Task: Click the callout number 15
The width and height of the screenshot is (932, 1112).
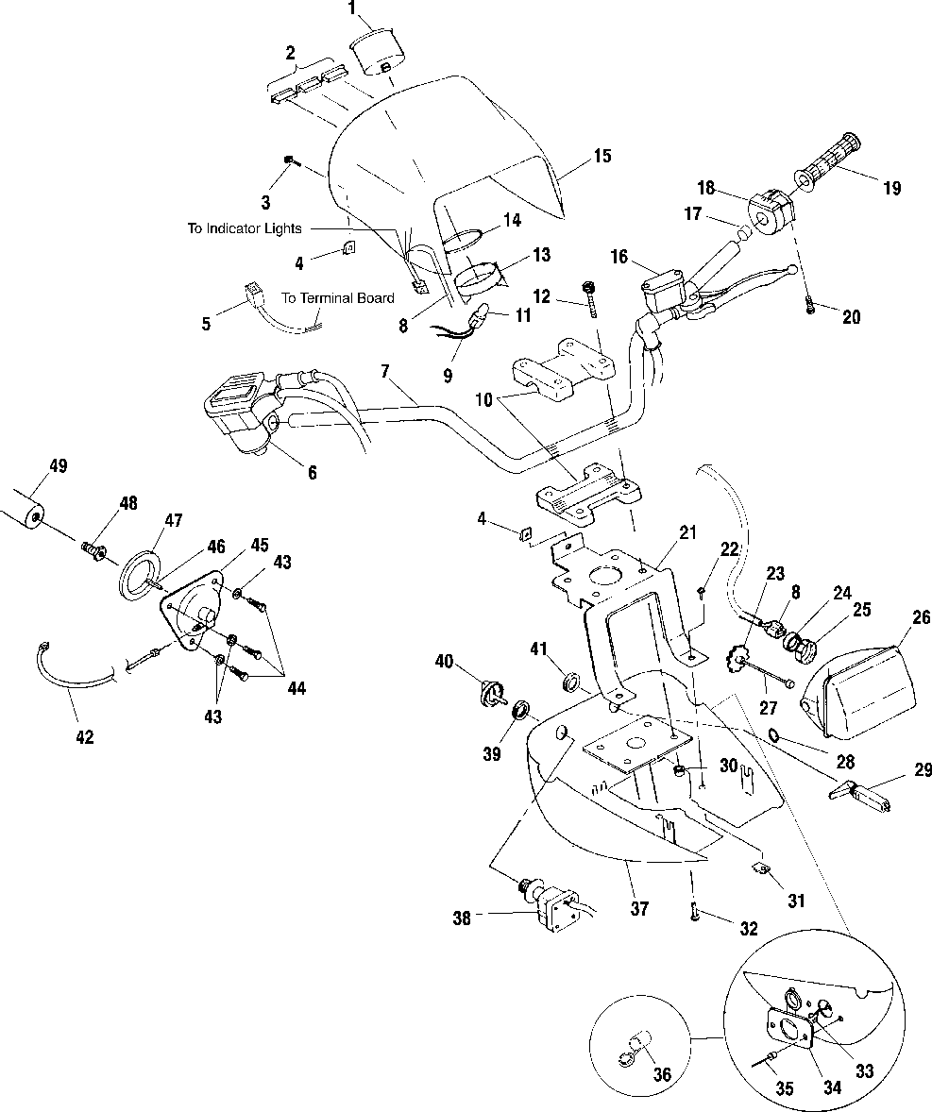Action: tap(602, 156)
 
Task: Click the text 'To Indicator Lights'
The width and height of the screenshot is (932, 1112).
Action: tap(245, 228)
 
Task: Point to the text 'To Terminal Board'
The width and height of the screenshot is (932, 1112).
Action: tap(338, 298)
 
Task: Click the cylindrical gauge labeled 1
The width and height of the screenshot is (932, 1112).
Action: tap(378, 50)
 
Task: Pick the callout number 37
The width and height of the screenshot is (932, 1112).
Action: tap(639, 908)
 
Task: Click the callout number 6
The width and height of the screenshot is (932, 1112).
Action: tap(313, 472)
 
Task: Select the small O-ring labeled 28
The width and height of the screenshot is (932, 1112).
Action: tap(776, 735)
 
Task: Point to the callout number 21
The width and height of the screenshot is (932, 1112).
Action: tap(687, 532)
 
